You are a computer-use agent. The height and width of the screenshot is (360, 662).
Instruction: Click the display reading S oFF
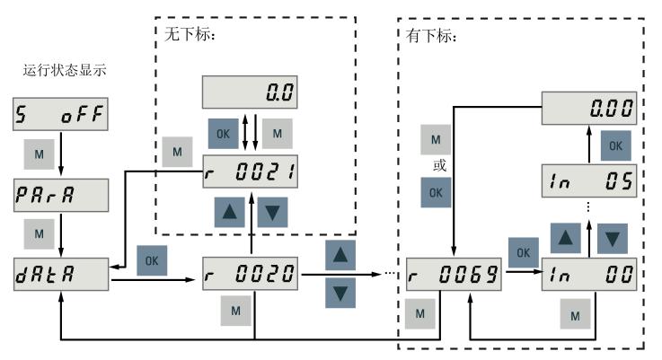(x=60, y=115)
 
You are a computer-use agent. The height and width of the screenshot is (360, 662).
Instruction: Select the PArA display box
(x=60, y=193)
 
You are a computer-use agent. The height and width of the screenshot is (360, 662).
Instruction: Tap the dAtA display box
(x=60, y=271)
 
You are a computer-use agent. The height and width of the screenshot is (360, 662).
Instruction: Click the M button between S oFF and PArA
(x=39, y=154)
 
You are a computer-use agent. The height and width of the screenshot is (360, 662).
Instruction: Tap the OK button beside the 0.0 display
(x=224, y=133)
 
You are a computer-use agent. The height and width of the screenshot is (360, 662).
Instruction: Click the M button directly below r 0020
(x=236, y=310)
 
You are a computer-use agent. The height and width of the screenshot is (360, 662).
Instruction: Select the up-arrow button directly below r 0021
(x=229, y=211)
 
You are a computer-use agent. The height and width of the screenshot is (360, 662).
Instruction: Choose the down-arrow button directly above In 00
(x=612, y=237)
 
